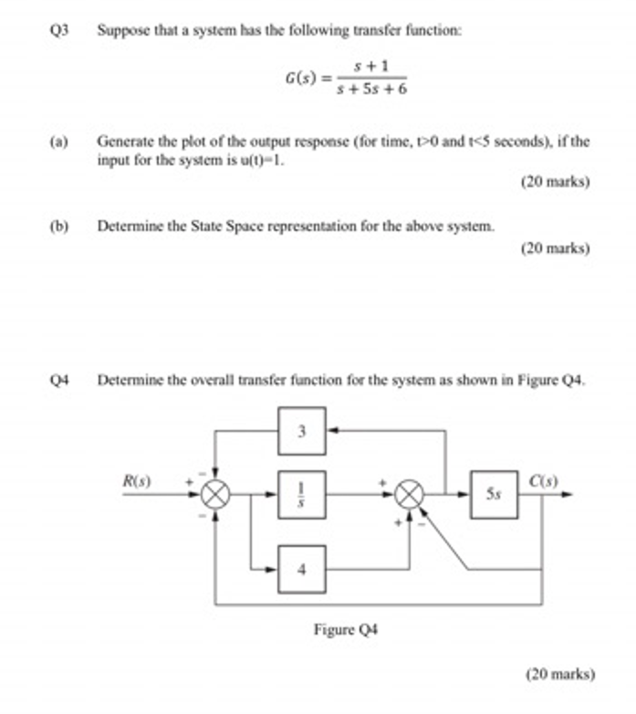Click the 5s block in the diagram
(x=494, y=494)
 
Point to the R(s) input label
(x=138, y=478)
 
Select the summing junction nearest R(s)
(x=215, y=494)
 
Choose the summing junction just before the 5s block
(x=411, y=494)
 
